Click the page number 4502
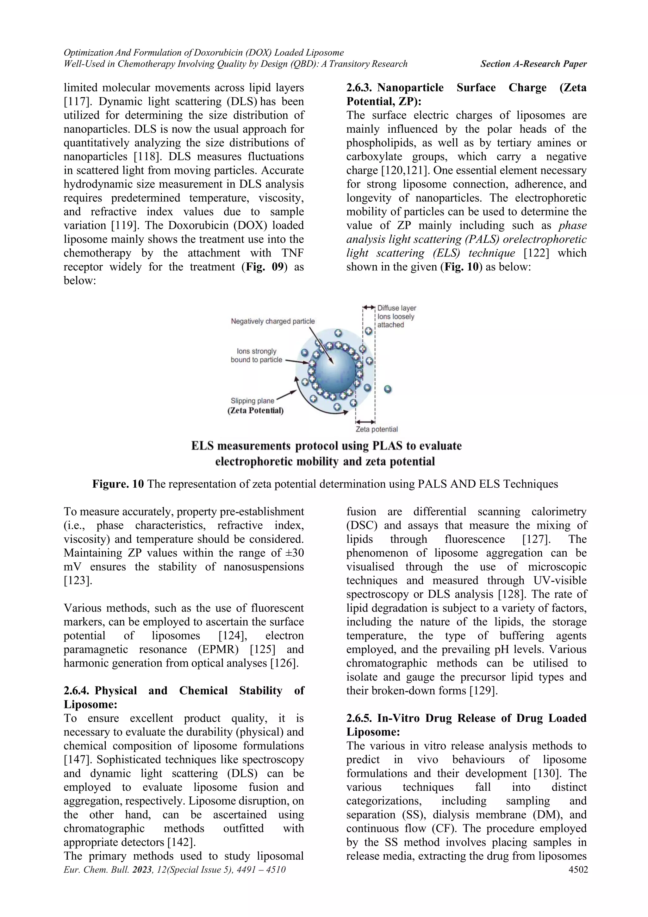578,870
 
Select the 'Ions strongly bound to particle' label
256,356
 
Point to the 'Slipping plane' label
252,401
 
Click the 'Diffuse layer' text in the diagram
397,308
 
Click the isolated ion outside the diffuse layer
388,389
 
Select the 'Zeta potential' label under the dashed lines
376,429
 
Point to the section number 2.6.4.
78,691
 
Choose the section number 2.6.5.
360,718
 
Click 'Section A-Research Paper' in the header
533,64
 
